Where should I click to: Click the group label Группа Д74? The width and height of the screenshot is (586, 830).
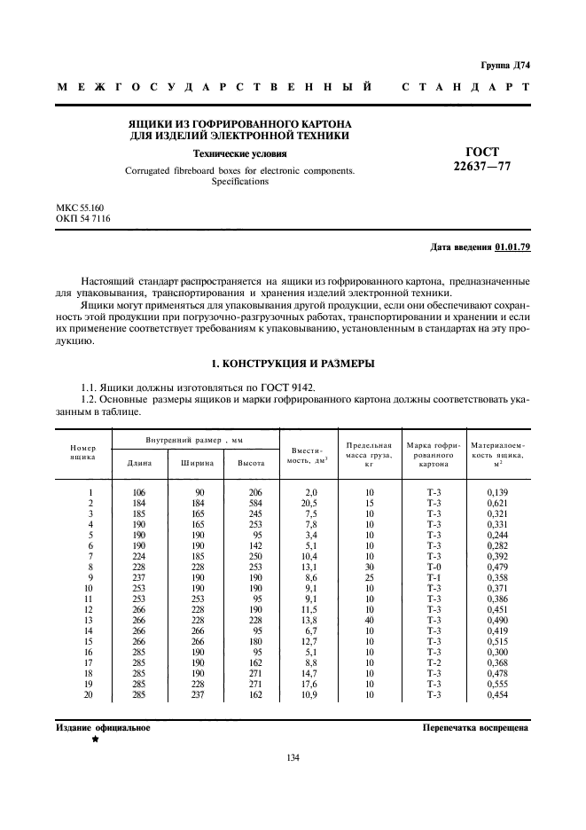click(x=504, y=66)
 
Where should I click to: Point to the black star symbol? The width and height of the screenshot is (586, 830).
click(x=93, y=740)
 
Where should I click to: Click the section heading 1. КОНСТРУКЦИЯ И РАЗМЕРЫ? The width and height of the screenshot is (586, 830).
click(x=293, y=364)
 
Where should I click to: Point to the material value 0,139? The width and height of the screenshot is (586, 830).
click(x=498, y=492)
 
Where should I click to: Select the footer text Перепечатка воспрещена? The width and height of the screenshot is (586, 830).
click(x=476, y=727)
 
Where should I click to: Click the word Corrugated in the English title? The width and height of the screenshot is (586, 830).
click(x=152, y=170)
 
